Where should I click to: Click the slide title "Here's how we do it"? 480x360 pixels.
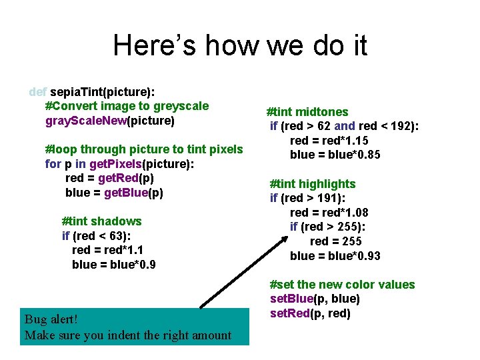[240, 45]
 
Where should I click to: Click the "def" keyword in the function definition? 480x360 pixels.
[38, 91]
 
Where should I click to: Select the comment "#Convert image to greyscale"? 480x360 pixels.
[127, 106]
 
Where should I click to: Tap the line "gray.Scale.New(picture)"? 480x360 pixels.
[110, 121]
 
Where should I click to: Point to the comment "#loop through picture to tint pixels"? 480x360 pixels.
[143, 149]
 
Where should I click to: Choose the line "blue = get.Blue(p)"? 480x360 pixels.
[114, 193]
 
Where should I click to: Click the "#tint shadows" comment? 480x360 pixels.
[101, 221]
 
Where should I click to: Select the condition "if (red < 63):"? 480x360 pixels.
[96, 235]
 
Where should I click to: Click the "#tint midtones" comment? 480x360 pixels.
[307, 112]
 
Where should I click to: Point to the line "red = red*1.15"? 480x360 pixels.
[329, 141]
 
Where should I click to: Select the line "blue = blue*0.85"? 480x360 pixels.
[335, 155]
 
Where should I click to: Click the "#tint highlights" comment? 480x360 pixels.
[312, 184]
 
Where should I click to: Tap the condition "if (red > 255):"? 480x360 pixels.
[328, 227]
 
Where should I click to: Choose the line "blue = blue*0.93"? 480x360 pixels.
[335, 255]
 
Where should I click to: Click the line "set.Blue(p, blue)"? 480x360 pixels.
[315, 299]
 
